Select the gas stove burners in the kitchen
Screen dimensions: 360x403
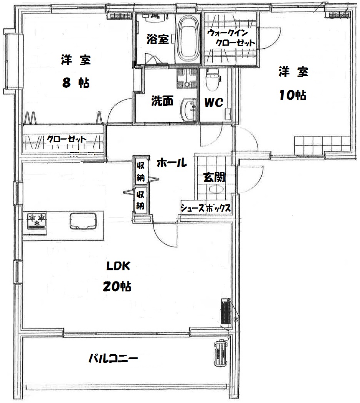click(x=37, y=221)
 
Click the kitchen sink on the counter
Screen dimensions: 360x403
click(x=83, y=220)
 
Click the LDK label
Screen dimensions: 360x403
click(x=118, y=266)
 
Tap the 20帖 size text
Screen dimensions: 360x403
click(x=117, y=286)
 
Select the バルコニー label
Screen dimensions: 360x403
click(x=113, y=358)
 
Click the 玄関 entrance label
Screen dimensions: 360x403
click(x=214, y=177)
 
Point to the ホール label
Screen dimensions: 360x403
click(x=172, y=163)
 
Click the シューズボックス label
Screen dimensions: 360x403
click(x=206, y=208)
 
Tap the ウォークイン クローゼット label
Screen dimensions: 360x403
click(x=231, y=38)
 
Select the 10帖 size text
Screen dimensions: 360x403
click(x=292, y=95)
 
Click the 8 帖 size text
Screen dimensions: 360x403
click(x=76, y=83)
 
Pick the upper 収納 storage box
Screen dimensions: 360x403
click(x=140, y=170)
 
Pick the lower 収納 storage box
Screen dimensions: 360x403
click(x=140, y=200)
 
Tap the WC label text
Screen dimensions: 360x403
click(x=213, y=102)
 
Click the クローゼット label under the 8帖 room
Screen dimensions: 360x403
click(x=66, y=139)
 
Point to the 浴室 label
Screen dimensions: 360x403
click(x=158, y=39)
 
